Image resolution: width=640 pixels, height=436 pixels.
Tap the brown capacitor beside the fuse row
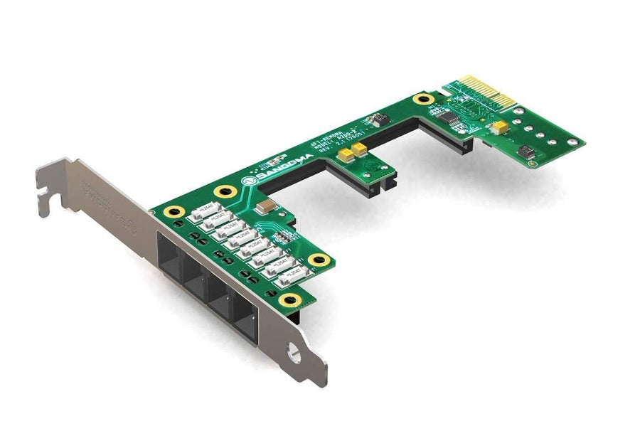(265, 205)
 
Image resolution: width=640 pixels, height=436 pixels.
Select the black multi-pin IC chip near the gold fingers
(452, 121)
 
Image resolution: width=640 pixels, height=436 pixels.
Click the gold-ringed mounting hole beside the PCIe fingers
(425, 99)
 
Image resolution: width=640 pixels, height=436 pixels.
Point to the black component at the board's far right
(528, 151)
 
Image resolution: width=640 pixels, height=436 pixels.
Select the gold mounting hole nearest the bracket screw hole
(289, 301)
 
